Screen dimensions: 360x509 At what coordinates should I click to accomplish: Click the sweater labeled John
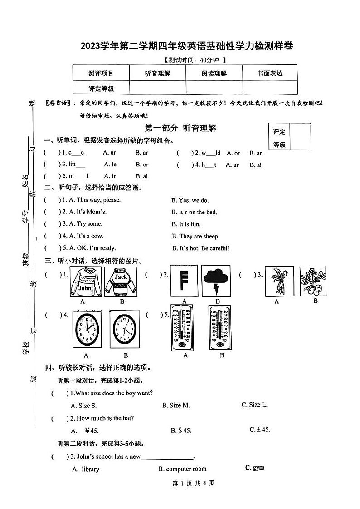click(x=85, y=281)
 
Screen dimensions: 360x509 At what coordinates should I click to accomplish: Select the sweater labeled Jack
click(x=121, y=281)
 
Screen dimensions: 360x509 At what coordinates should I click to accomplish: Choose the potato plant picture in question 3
click(x=313, y=281)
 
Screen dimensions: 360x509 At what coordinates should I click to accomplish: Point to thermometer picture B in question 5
click(x=221, y=327)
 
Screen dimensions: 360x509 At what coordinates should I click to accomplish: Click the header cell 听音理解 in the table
click(x=157, y=73)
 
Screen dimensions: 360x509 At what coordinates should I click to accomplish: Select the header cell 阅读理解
click(x=214, y=73)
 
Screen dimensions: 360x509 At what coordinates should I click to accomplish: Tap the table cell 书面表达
click(x=270, y=73)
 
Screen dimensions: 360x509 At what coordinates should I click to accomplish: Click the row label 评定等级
click(x=101, y=88)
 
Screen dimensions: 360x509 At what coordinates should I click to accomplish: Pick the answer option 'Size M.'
click(x=176, y=405)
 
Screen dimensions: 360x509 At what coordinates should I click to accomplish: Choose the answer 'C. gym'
click(x=254, y=468)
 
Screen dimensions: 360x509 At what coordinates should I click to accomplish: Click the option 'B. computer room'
click(x=182, y=469)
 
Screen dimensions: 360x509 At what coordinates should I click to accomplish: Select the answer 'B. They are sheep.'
click(x=195, y=236)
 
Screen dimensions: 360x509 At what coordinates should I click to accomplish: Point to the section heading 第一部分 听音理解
click(x=180, y=128)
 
